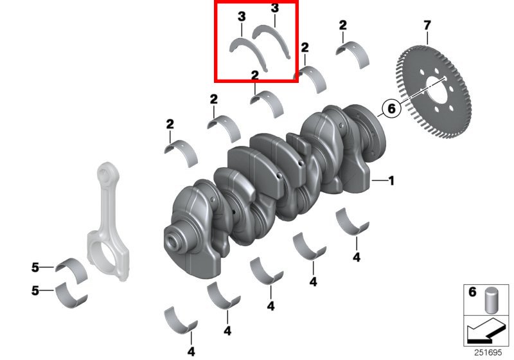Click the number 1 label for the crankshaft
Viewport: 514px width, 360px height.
pyautogui.click(x=391, y=181)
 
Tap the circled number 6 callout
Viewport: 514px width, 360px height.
pyautogui.click(x=390, y=109)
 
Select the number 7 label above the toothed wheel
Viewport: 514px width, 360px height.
pyautogui.click(x=427, y=26)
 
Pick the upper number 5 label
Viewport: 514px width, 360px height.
pyautogui.click(x=36, y=267)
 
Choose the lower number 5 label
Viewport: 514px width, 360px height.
pyautogui.click(x=36, y=291)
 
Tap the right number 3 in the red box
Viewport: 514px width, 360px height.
pyautogui.click(x=275, y=8)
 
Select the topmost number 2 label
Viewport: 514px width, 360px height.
pyautogui.click(x=342, y=25)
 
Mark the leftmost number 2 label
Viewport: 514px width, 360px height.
pyautogui.click(x=170, y=123)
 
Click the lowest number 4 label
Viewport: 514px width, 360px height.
pyautogui.click(x=191, y=351)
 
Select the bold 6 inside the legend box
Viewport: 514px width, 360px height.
pyautogui.click(x=472, y=292)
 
